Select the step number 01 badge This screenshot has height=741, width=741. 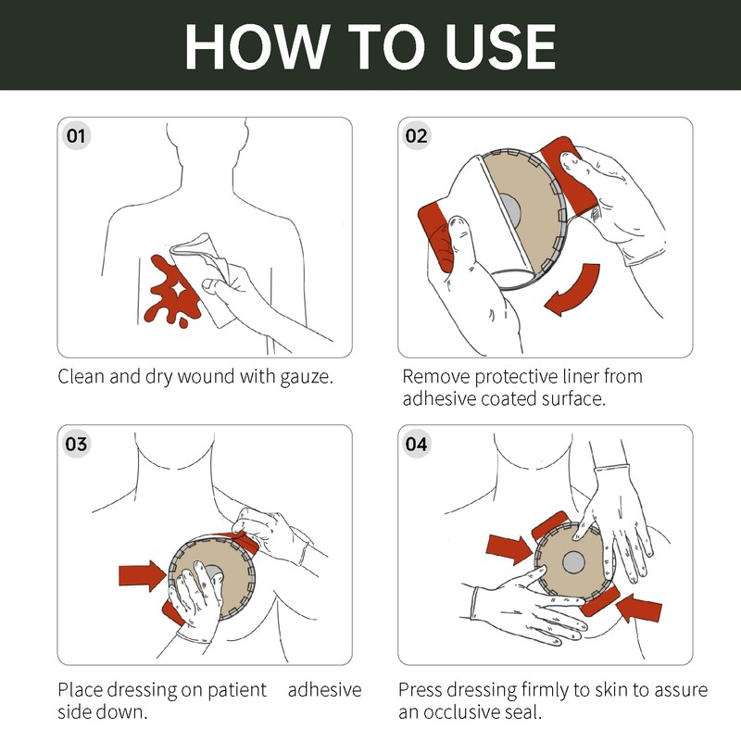[76, 136]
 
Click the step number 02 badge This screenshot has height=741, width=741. [416, 136]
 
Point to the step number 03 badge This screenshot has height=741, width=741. [76, 444]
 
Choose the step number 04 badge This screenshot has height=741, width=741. [416, 444]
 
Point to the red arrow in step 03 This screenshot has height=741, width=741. [143, 575]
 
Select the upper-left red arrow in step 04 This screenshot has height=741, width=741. [509, 549]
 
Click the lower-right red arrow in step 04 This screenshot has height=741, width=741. [639, 609]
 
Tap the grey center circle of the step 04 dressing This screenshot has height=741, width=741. [573, 562]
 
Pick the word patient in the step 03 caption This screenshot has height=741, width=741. [237, 690]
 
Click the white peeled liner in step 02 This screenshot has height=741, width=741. [477, 213]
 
